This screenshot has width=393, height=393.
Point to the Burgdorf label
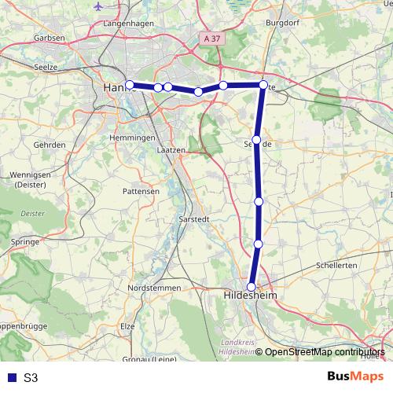click(x=282, y=24)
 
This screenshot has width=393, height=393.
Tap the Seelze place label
click(x=48, y=68)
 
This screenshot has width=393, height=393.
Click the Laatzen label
click(x=171, y=150)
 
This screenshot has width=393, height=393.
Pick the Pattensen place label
click(x=141, y=191)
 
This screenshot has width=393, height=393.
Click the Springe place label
click(x=26, y=241)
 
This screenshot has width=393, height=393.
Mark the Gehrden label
click(x=50, y=145)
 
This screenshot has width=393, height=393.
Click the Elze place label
click(x=128, y=325)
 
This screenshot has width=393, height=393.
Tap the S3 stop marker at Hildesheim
click(x=252, y=287)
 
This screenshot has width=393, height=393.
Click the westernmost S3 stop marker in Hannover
click(x=130, y=85)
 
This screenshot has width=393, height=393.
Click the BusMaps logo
click(x=351, y=376)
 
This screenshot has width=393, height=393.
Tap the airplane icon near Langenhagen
click(x=98, y=6)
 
